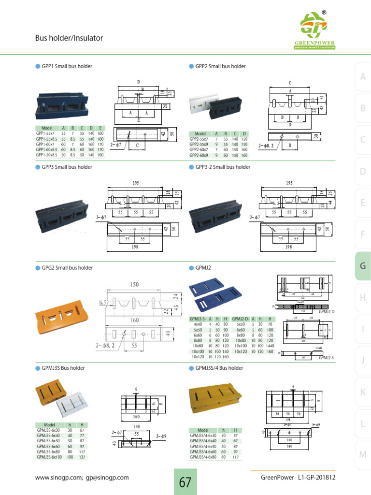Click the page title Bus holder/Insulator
click(x=69, y=38)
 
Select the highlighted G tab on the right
click(x=362, y=266)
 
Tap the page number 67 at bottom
click(x=185, y=482)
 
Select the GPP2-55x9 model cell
click(x=199, y=144)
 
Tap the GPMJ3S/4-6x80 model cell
click(x=203, y=457)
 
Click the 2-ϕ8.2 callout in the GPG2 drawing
click(x=107, y=346)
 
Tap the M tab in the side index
click(x=362, y=454)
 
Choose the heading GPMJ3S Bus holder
click(x=63, y=368)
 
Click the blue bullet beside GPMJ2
click(x=191, y=268)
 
